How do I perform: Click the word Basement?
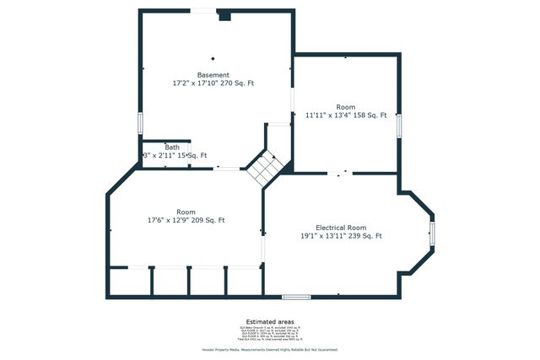click(x=213, y=75)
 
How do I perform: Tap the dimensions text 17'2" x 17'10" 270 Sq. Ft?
click(x=213, y=83)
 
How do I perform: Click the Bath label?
click(x=172, y=148)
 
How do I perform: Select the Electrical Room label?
click(x=341, y=228)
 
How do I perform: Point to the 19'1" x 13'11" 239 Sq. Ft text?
click(x=341, y=236)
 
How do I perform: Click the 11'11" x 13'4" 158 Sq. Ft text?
click(x=346, y=116)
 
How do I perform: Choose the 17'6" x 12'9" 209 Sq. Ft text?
click(x=186, y=220)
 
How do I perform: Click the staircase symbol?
click(x=264, y=168)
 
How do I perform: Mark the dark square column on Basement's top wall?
click(x=224, y=15)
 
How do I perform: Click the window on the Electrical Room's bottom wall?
click(x=296, y=296)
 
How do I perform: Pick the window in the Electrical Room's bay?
click(x=432, y=233)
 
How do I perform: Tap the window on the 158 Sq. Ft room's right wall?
click(x=400, y=124)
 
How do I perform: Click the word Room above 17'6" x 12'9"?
click(x=186, y=212)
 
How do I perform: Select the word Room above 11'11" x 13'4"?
click(x=346, y=107)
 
